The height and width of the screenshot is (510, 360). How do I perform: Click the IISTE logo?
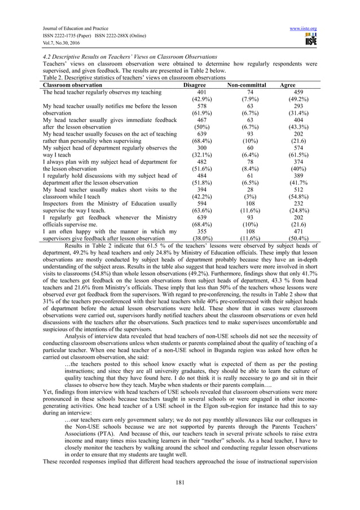coord(309,40)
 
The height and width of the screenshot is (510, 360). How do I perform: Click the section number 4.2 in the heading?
coord(47,58)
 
